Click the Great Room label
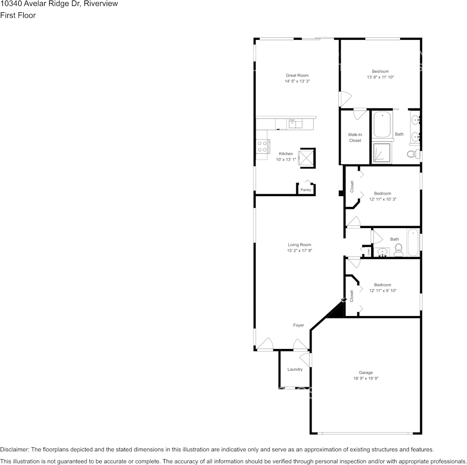coord(297,75)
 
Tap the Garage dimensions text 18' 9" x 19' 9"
coord(365,378)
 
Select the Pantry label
coord(306,190)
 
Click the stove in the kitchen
coord(262,146)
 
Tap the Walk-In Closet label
coord(355,137)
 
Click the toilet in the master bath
coord(412,154)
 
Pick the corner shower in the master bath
coord(381,152)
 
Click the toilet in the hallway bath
coord(399,249)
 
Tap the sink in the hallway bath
coord(383,252)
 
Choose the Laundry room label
coord(295,369)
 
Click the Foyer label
coord(298,325)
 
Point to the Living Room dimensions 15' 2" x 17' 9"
coord(299,251)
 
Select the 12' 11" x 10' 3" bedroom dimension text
coord(382,200)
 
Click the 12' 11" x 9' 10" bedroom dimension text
coord(382,291)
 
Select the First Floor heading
coord(18,15)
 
